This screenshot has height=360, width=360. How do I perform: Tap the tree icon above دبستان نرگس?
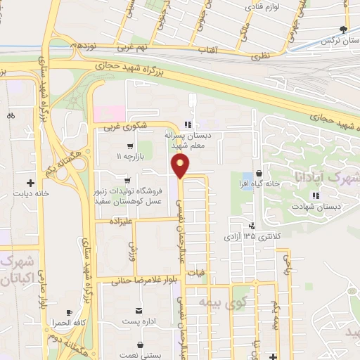coord(342,30)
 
